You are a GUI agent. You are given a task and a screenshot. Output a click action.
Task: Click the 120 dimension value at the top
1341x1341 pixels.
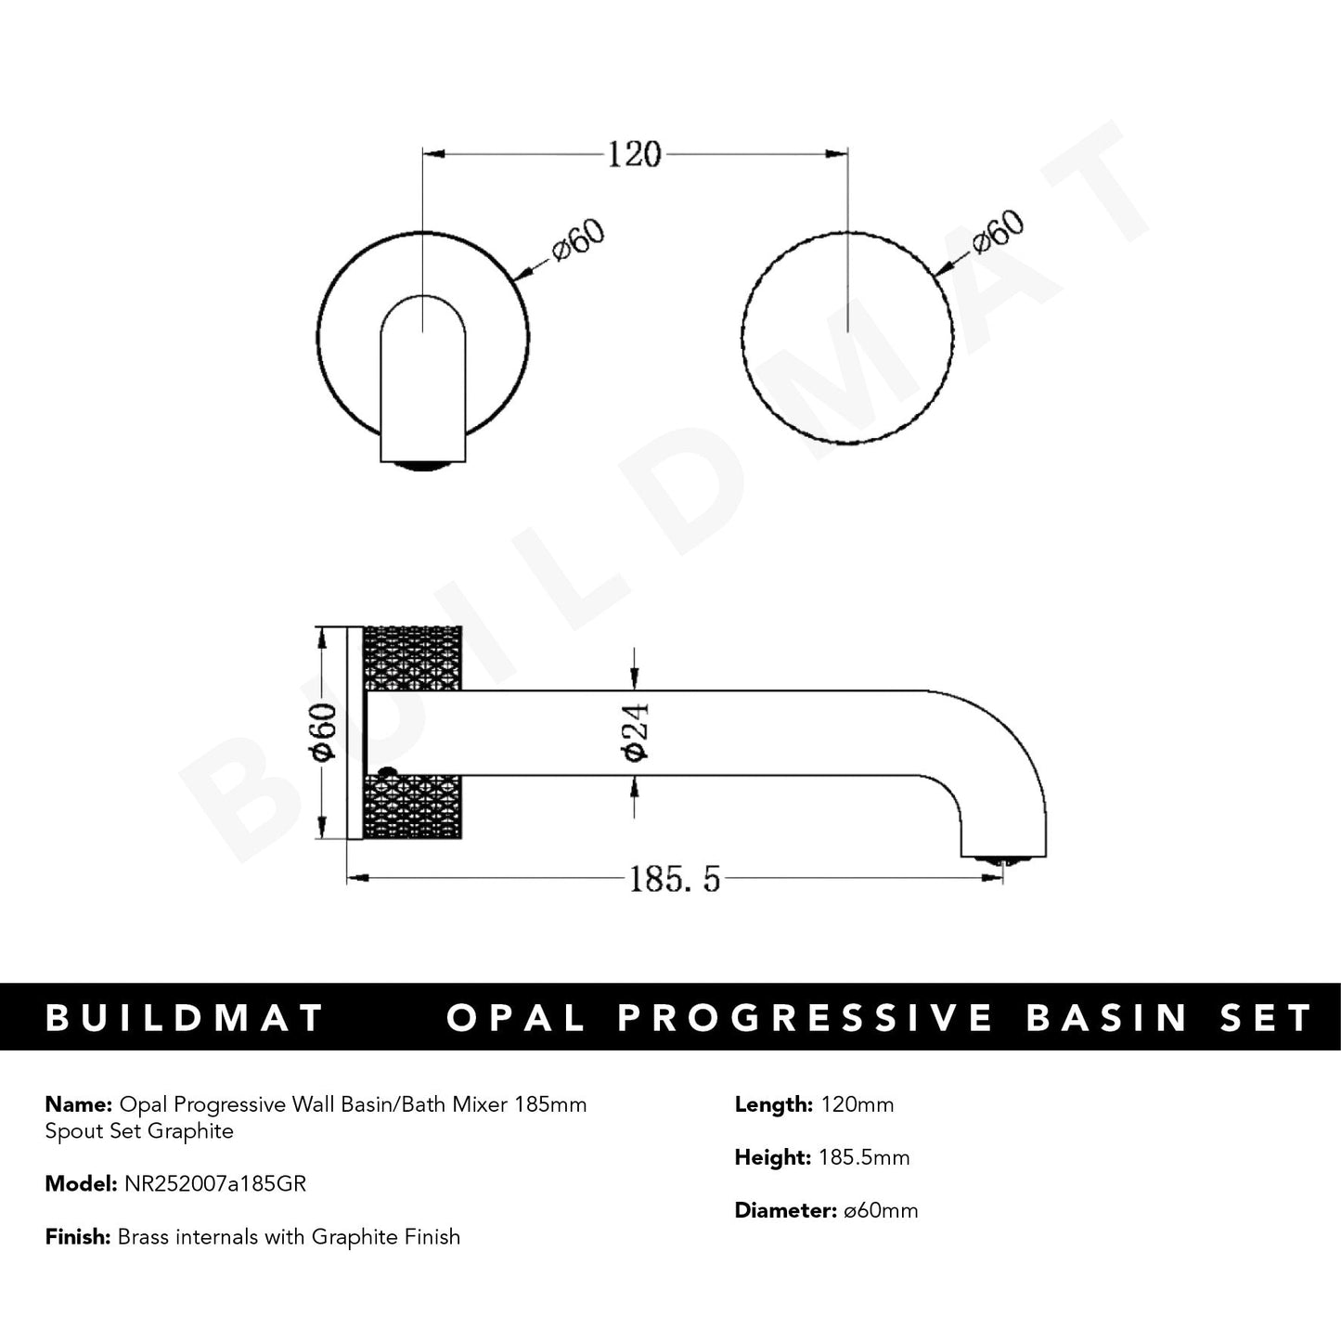pos(635,154)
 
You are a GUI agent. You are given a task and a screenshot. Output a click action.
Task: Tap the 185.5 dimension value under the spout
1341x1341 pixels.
pos(675,878)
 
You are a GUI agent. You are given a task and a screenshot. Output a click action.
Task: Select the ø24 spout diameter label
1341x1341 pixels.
pos(636,732)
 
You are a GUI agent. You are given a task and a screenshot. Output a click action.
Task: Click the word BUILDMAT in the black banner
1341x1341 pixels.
pos(185,1018)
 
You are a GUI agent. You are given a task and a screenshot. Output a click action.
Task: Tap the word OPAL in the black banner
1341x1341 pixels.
pos(515,1018)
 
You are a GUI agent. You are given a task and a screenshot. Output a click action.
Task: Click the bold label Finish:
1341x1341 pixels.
pos(79,1237)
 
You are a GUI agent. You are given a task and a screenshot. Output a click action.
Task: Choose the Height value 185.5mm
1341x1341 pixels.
pos(864,1157)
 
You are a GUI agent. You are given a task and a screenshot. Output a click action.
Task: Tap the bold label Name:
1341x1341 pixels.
pos(78,1104)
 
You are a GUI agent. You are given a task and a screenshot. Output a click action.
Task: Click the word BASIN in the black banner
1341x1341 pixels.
pos(1107,1018)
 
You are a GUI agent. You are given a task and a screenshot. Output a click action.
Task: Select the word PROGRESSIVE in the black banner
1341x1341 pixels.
pos(805,1018)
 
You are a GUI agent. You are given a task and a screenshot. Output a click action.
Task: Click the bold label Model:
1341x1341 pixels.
pos(81,1184)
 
